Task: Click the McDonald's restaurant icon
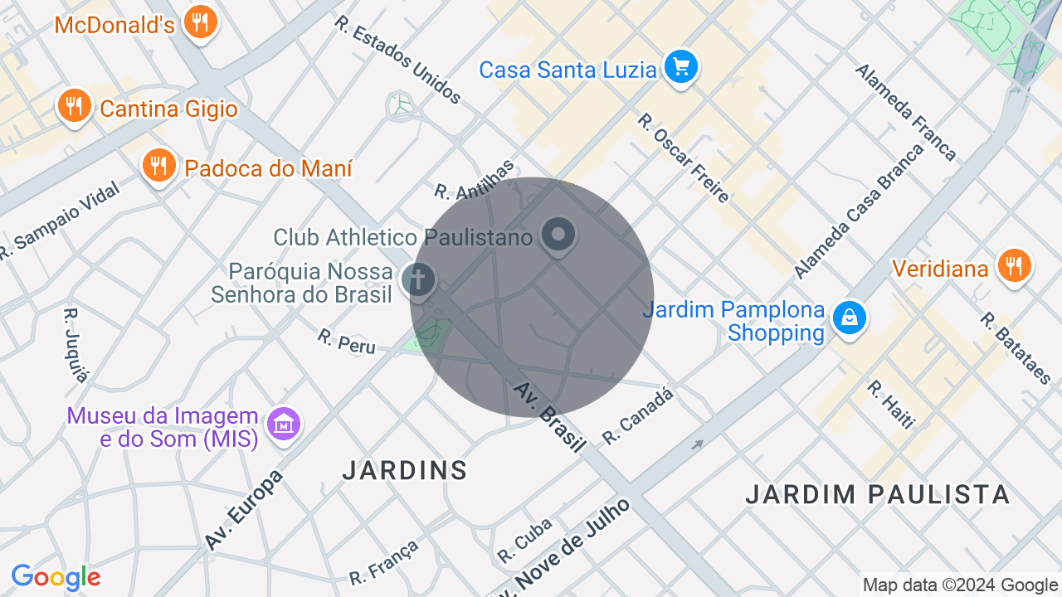pos(199,22)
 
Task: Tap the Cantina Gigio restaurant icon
pos(75,106)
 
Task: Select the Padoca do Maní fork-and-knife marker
pos(158,166)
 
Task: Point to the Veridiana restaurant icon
pos(1014,266)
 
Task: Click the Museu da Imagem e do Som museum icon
pos(285,425)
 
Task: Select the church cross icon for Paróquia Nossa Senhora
pos(419,279)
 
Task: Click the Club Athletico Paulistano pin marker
pos(558,235)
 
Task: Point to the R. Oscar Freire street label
pos(683,158)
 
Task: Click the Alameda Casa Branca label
pos(859,211)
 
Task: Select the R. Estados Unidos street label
pos(397,59)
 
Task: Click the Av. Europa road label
pos(244,510)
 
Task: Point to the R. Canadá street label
pos(637,415)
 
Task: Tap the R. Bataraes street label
pos(1016,348)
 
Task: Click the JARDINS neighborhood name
pos(405,470)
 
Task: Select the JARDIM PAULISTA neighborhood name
pos(877,494)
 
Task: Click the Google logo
pos(56,577)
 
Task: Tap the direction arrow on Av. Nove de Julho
pos(698,444)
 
